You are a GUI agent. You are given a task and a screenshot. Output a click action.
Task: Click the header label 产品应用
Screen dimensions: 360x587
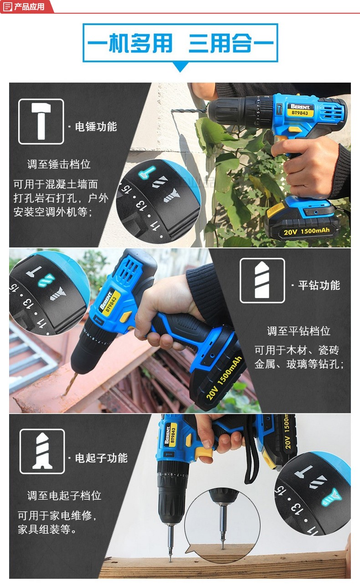(29, 6)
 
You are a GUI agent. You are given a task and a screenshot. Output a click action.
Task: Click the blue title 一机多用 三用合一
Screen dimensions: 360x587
(180, 43)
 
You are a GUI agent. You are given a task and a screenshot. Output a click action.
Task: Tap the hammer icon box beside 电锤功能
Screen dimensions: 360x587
(41, 121)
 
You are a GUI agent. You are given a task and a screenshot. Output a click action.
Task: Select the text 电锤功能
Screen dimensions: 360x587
(96, 127)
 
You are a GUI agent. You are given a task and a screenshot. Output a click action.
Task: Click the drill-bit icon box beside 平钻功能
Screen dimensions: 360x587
(262, 280)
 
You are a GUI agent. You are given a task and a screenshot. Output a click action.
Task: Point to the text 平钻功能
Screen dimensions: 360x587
(319, 285)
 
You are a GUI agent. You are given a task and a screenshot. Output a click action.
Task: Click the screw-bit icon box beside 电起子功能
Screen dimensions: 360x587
(42, 451)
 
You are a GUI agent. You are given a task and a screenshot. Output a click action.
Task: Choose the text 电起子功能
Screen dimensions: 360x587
(101, 458)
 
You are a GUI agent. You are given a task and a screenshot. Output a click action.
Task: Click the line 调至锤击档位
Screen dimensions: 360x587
(59, 165)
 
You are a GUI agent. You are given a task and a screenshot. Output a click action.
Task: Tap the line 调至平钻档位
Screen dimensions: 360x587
(298, 331)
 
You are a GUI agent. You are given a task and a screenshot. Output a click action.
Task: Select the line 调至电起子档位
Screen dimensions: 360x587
(64, 495)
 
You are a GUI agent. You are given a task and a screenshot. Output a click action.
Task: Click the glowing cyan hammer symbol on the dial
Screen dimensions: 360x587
(147, 172)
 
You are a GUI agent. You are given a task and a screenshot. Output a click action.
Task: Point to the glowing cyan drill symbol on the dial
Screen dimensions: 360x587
(46, 280)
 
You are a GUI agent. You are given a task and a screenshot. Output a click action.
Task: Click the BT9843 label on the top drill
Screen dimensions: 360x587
(300, 113)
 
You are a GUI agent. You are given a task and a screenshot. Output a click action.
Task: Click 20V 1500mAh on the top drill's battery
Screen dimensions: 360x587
(307, 232)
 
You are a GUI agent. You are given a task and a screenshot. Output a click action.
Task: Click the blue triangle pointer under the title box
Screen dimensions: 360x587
(180, 67)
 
